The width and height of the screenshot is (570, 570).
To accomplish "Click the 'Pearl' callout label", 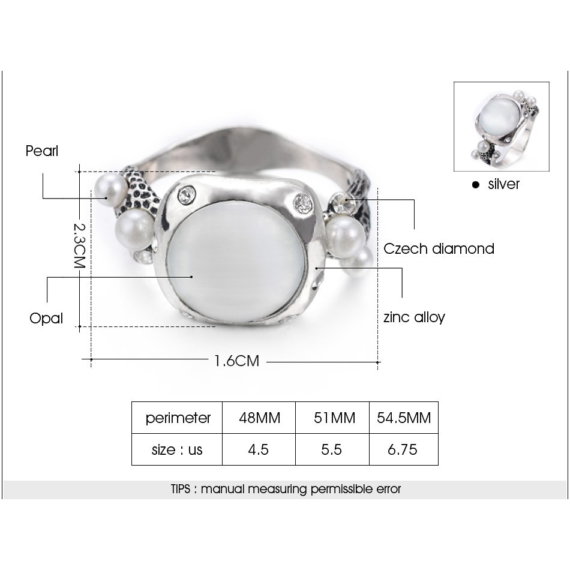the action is (42, 151).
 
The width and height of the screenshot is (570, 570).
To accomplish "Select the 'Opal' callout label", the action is (46, 319).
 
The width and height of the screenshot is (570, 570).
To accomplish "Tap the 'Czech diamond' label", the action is (439, 249).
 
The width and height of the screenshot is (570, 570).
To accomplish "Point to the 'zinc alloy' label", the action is (414, 317).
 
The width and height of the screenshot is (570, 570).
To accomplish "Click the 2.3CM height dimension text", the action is (79, 245).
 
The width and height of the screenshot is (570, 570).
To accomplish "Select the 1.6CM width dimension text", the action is (237, 361).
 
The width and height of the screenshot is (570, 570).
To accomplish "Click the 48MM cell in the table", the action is (260, 418).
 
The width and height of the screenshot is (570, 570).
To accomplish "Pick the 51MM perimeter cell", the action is (334, 418).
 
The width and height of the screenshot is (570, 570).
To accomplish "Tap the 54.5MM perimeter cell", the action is (404, 418).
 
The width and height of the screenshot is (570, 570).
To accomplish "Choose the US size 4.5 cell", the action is (258, 449).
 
